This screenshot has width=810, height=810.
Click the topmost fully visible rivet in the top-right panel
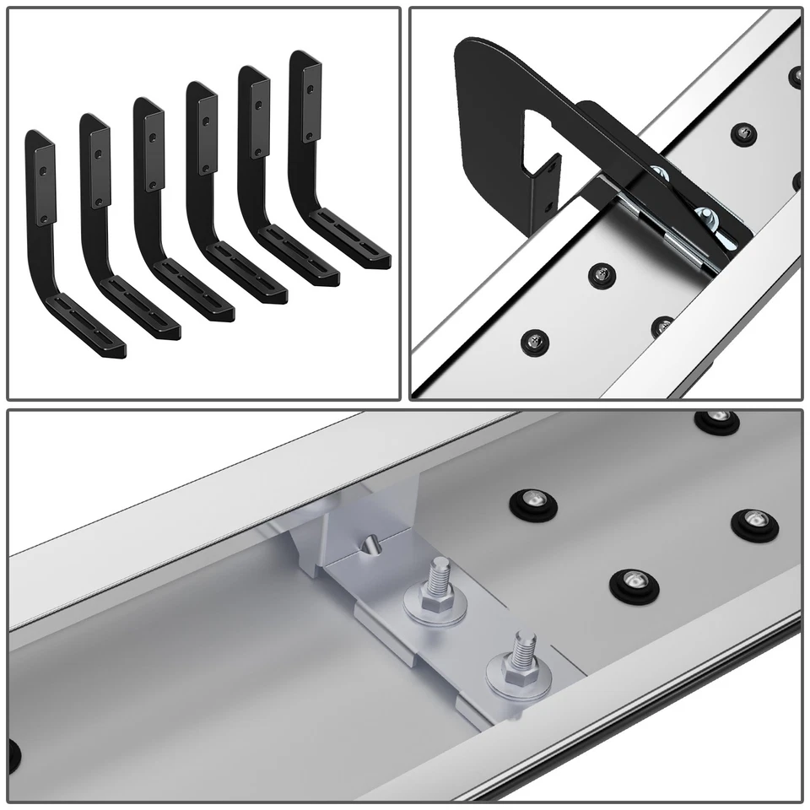742,132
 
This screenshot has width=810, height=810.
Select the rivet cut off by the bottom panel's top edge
715,417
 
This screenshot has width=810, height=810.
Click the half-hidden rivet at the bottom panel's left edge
13,749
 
